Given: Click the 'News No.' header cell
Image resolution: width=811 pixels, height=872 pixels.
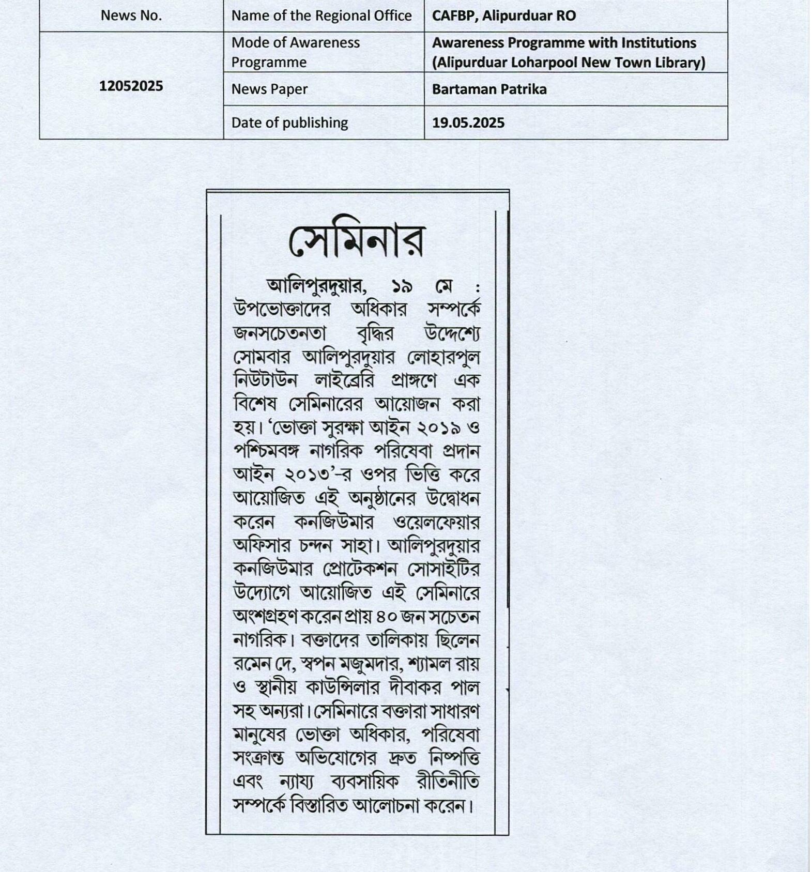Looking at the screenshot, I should coord(131,16).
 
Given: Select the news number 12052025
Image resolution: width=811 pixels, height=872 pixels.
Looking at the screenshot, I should coord(131,86).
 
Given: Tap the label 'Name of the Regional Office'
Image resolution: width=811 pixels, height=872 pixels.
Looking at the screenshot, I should coord(321,16).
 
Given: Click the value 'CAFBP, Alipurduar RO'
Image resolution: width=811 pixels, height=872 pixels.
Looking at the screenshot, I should coord(503,16).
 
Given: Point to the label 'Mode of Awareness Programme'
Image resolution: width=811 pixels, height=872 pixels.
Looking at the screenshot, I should coord(295,52).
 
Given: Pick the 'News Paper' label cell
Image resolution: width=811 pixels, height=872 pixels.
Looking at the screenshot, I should coord(269,89).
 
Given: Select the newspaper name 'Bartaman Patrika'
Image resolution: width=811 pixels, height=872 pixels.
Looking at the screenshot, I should coord(489,89).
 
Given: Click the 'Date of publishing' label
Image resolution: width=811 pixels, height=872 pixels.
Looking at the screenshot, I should coord(289,123).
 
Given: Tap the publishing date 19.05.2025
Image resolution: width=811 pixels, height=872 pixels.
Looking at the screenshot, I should coord(468,123).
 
